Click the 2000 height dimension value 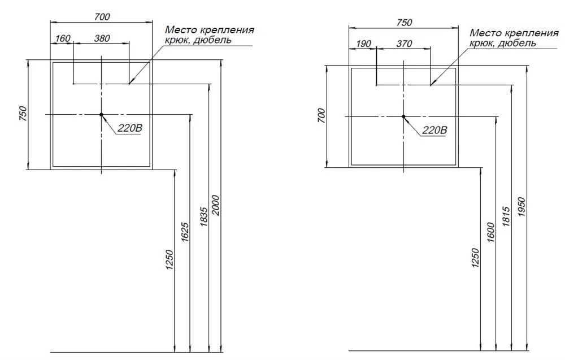coord(215,205)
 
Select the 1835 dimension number coord(203,216)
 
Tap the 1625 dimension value coord(185,232)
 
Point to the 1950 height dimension coord(521,207)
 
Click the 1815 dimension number coord(506,216)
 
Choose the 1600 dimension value coord(490,232)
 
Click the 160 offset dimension coord(63,38)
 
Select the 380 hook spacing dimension coord(102,38)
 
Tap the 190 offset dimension coord(363,44)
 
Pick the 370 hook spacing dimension coord(404,44)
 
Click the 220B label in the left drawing coord(130,128)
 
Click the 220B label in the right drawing coord(434,130)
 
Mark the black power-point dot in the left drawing coord(101,115)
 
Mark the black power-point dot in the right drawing coord(403,116)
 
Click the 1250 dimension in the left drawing coord(169,259)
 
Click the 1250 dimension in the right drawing coord(475,258)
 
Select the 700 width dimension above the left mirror coord(102,16)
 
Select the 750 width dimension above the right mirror coord(404,23)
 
